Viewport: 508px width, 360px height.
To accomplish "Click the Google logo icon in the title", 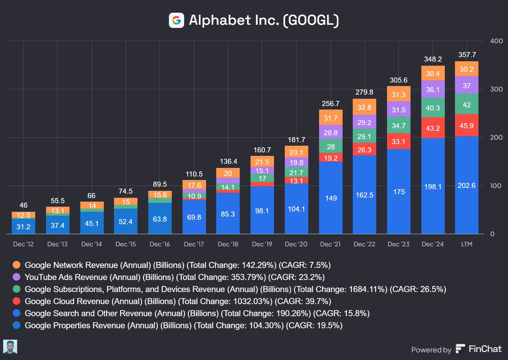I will click(176, 20).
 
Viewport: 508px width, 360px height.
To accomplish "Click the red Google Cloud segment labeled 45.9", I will click(467, 125).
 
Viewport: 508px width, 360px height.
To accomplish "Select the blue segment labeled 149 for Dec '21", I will click(330, 198).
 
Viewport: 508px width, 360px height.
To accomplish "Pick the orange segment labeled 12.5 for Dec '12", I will click(23, 215).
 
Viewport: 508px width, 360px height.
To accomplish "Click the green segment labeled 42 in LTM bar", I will click(467, 104).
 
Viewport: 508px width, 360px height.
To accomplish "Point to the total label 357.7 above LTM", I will click(467, 55).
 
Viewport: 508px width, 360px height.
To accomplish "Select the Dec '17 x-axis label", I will click(194, 245).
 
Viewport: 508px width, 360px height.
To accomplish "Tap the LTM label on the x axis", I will click(467, 245).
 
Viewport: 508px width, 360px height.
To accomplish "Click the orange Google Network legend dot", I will click(17, 265).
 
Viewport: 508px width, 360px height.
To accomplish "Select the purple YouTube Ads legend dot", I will click(17, 278).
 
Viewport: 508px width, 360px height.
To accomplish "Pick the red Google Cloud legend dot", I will click(17, 302).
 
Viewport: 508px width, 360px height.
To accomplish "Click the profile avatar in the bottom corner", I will click(10, 346).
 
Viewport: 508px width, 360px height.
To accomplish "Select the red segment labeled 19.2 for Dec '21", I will click(330, 157).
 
